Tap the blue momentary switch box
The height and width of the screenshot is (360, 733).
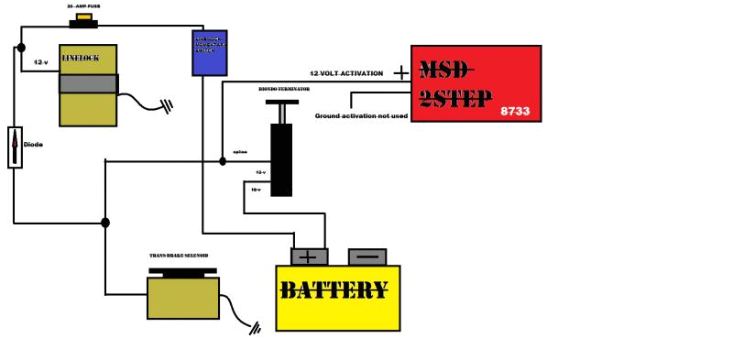pyautogui.click(x=209, y=52)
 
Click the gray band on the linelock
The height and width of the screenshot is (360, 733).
pyautogui.click(x=88, y=83)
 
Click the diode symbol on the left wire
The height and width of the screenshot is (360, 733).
pyautogui.click(x=14, y=147)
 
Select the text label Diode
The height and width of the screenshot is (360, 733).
pyautogui.click(x=32, y=145)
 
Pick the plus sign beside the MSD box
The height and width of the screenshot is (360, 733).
pyautogui.click(x=400, y=72)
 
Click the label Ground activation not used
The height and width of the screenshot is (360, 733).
pyautogui.click(x=360, y=116)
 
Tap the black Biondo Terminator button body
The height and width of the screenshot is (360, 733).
pyautogui.click(x=281, y=158)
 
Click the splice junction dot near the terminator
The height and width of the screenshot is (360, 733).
pyautogui.click(x=223, y=160)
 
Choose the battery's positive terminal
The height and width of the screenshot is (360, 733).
pyautogui.click(x=309, y=257)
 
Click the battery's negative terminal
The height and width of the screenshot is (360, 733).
pyautogui.click(x=366, y=257)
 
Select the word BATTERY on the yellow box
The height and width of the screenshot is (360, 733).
pyautogui.click(x=334, y=291)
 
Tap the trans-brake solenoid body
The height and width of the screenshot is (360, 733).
pyautogui.click(x=183, y=297)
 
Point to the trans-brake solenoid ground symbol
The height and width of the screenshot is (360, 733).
pyautogui.click(x=253, y=326)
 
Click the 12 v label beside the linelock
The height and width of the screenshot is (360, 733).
pyautogui.click(x=40, y=62)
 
